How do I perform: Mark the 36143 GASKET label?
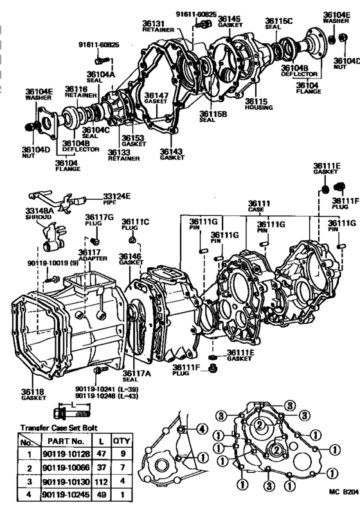(171, 155)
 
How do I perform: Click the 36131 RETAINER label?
(156, 25)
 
